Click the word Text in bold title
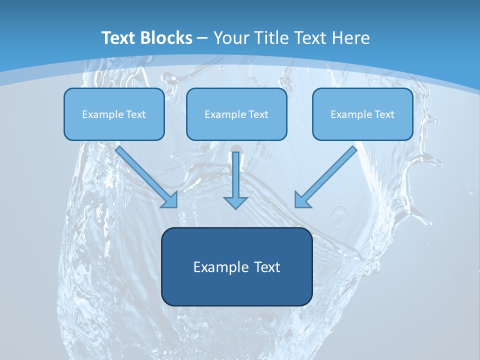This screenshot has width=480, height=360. click(x=119, y=38)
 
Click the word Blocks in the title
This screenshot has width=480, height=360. click(x=166, y=38)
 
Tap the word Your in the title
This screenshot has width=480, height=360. click(x=231, y=38)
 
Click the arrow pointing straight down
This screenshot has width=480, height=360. click(x=236, y=175)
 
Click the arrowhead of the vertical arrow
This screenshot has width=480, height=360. click(x=236, y=202)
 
